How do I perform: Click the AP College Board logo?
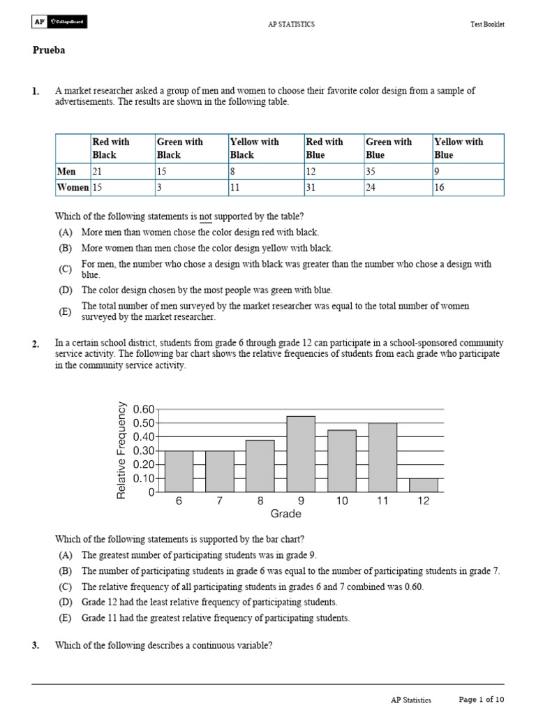[59, 23]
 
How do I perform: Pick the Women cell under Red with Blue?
[333, 187]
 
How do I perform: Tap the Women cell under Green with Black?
[191, 187]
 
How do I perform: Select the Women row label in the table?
[73, 187]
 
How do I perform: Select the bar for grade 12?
[424, 485]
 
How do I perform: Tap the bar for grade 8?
[260, 466]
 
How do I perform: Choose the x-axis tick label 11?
[382, 501]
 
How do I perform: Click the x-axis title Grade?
[285, 514]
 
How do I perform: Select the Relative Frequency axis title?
[122, 450]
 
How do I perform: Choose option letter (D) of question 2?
[65, 602]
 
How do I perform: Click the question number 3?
[36, 645]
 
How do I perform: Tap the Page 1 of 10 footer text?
[481, 699]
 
